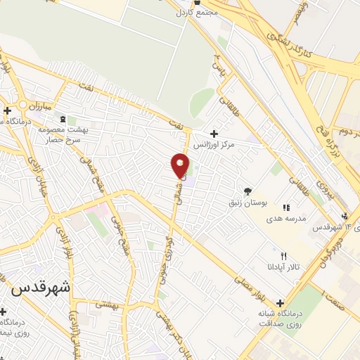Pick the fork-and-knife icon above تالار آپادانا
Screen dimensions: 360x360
[x=283, y=257]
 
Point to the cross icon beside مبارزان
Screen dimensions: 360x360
[x=7, y=110]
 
